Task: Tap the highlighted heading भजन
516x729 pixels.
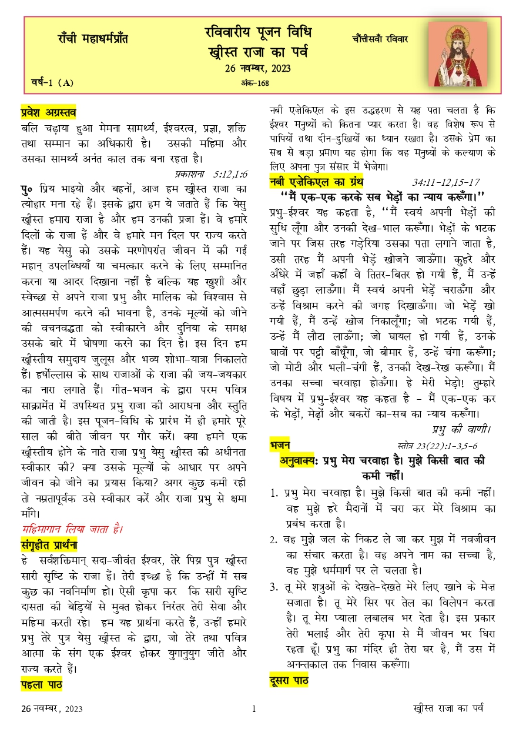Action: click(x=279, y=444)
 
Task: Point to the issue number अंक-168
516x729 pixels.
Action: click(x=255, y=83)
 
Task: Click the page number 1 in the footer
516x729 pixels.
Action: click(x=253, y=709)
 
